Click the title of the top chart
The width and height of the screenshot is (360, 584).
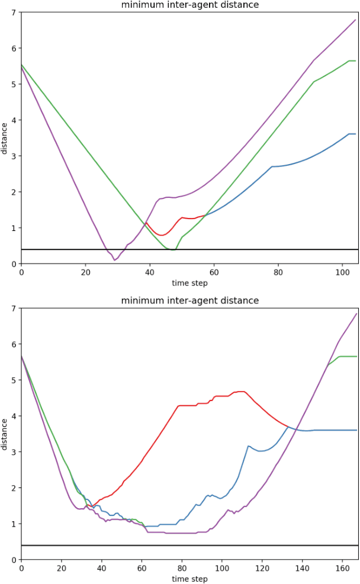click(x=189, y=5)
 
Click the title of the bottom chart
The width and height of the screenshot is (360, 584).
click(x=189, y=301)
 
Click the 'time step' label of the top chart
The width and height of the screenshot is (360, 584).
click(x=189, y=283)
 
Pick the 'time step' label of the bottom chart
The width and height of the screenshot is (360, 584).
click(x=189, y=579)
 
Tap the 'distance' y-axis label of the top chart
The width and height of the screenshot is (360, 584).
click(x=5, y=138)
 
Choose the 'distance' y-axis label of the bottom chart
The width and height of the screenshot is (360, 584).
click(x=5, y=434)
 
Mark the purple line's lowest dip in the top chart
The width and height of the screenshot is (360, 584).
click(x=114, y=260)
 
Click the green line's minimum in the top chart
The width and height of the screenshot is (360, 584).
click(x=172, y=250)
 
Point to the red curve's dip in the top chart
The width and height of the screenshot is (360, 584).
click(x=160, y=235)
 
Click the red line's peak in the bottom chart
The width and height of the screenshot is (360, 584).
click(x=242, y=392)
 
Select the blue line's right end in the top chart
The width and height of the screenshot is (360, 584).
click(x=355, y=134)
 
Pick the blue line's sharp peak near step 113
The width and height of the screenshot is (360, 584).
click(x=248, y=446)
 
